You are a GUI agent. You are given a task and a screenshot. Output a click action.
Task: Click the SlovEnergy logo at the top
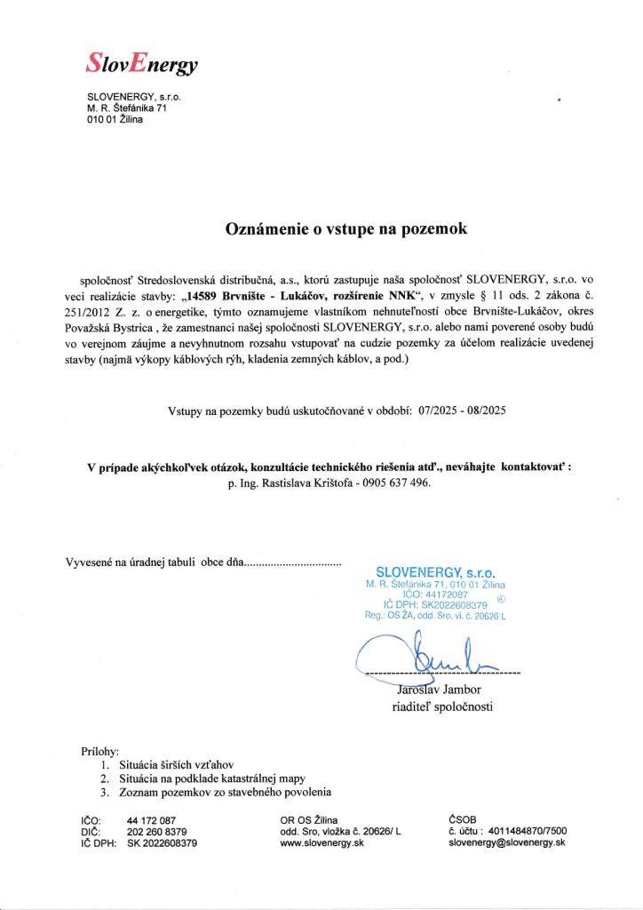click(142, 61)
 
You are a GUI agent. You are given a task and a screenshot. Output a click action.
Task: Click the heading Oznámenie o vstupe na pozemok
click(345, 227)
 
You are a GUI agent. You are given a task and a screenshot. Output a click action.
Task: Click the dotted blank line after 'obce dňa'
click(292, 563)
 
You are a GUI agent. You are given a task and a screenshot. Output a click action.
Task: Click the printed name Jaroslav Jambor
click(425, 689)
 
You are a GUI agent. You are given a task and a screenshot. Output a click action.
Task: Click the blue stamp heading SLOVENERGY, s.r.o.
click(435, 573)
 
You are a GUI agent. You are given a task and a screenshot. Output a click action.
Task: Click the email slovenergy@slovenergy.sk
click(507, 842)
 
